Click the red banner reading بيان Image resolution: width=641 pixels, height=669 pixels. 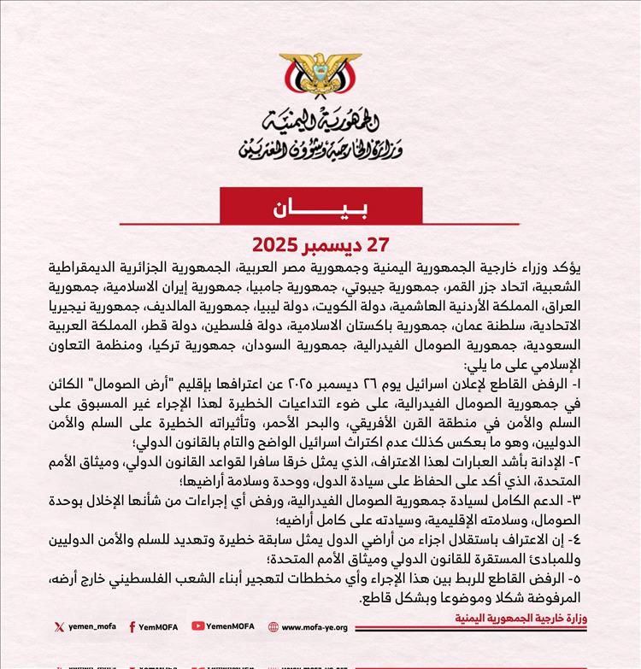320,208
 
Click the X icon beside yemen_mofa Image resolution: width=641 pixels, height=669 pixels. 59,626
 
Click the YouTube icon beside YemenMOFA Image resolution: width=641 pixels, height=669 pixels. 198,626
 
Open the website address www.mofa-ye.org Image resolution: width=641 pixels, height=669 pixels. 315,626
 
